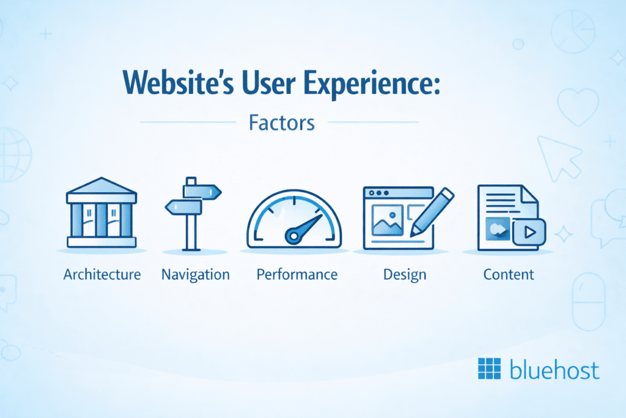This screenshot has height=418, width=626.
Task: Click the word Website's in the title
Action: click(x=178, y=83)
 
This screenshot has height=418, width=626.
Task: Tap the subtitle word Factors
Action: click(x=282, y=122)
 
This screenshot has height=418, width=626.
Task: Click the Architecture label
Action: click(x=102, y=275)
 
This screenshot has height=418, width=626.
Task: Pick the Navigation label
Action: click(x=196, y=275)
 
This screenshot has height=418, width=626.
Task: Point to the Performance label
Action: click(x=297, y=275)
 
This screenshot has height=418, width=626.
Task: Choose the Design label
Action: click(x=405, y=275)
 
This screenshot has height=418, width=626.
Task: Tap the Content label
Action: click(x=509, y=275)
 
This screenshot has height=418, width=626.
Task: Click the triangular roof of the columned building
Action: click(x=102, y=186)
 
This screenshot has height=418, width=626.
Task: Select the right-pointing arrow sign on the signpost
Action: click(x=202, y=192)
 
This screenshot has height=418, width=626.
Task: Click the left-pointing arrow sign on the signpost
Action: click(x=183, y=207)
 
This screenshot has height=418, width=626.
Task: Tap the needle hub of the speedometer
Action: click(x=294, y=236)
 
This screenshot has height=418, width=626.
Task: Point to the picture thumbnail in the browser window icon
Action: click(x=387, y=220)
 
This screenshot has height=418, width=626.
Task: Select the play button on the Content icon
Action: click(x=529, y=232)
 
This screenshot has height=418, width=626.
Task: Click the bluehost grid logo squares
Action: click(x=490, y=368)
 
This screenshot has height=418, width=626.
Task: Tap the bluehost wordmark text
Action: click(x=554, y=369)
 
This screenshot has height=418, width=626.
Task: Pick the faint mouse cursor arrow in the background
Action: click(x=559, y=158)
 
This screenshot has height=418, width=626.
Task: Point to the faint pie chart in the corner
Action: click(x=573, y=32)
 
